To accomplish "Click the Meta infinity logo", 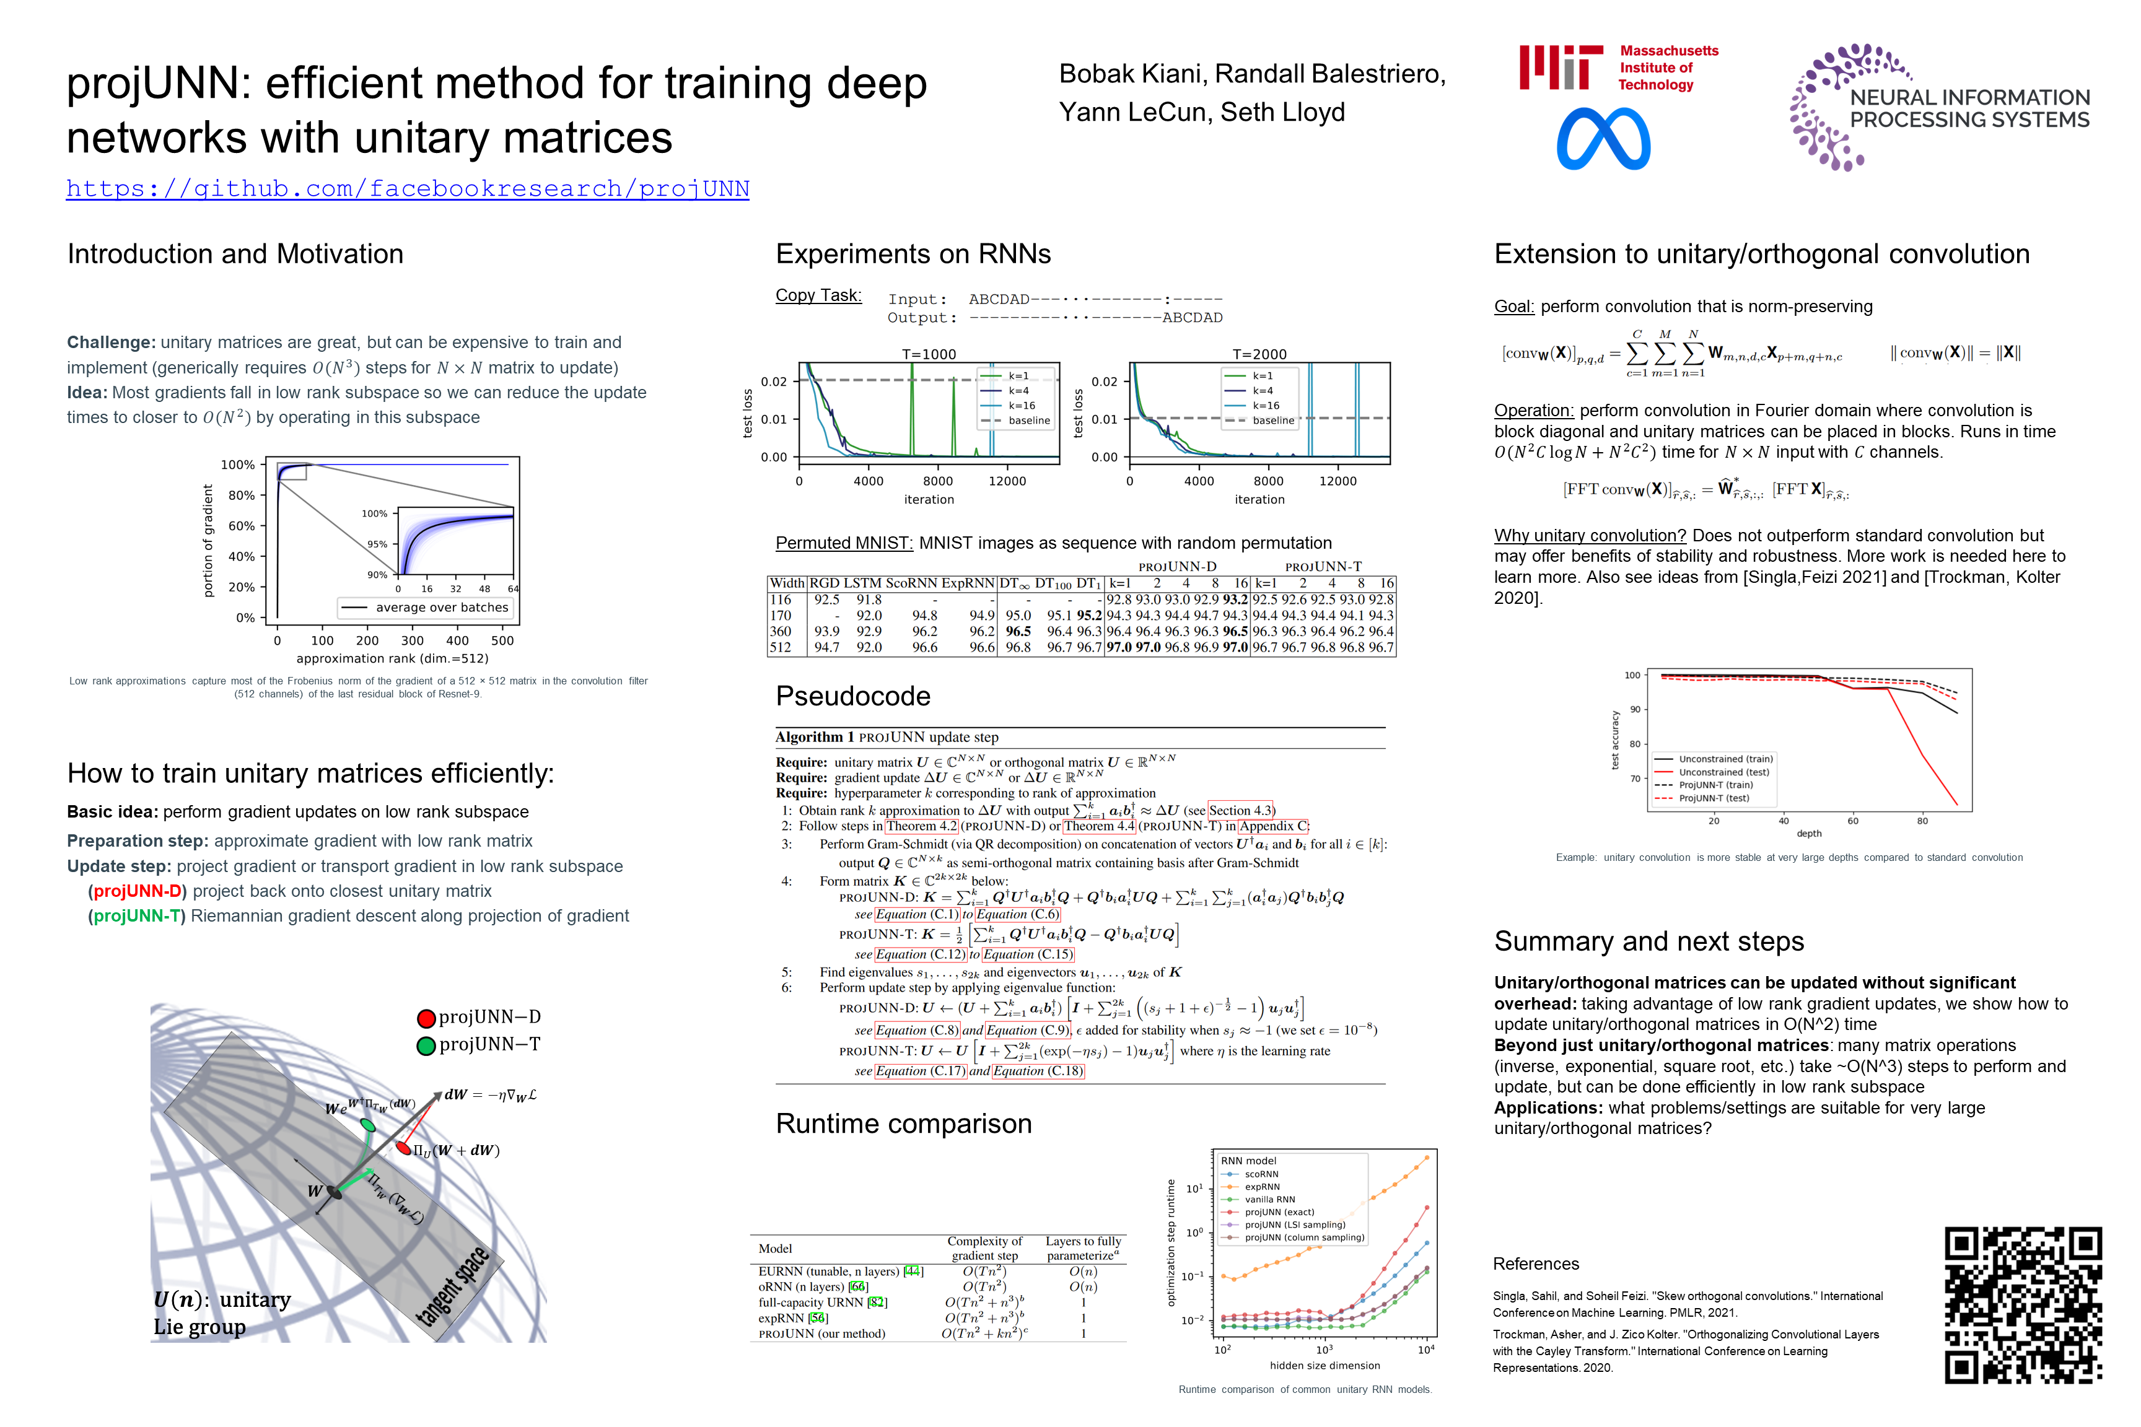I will [x=1603, y=139].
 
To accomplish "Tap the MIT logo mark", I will [x=1561, y=68].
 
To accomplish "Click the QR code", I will [x=2023, y=1304].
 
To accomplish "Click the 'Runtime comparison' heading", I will [x=903, y=1124].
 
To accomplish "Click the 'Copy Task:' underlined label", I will [x=818, y=296].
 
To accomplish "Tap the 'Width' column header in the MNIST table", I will [x=787, y=583].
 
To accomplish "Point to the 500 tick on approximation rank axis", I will [x=502, y=640].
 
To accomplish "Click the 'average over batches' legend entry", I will [x=442, y=608].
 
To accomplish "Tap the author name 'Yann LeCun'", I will [x=1132, y=112].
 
